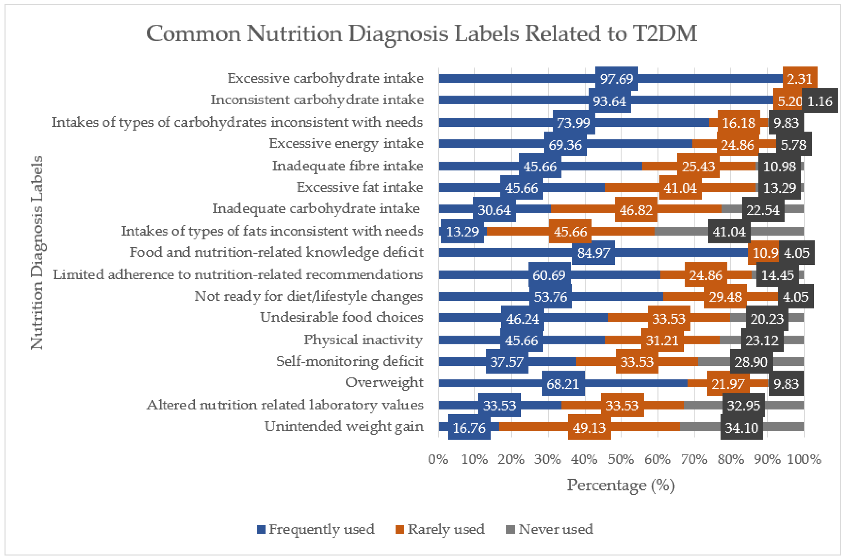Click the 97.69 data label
click(x=617, y=79)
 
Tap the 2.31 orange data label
click(x=800, y=79)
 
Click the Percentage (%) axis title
click(x=621, y=485)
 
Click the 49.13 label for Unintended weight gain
click(x=589, y=428)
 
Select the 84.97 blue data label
click(x=593, y=253)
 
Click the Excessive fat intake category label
click(x=360, y=187)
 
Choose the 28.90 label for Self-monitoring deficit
click(x=751, y=362)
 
